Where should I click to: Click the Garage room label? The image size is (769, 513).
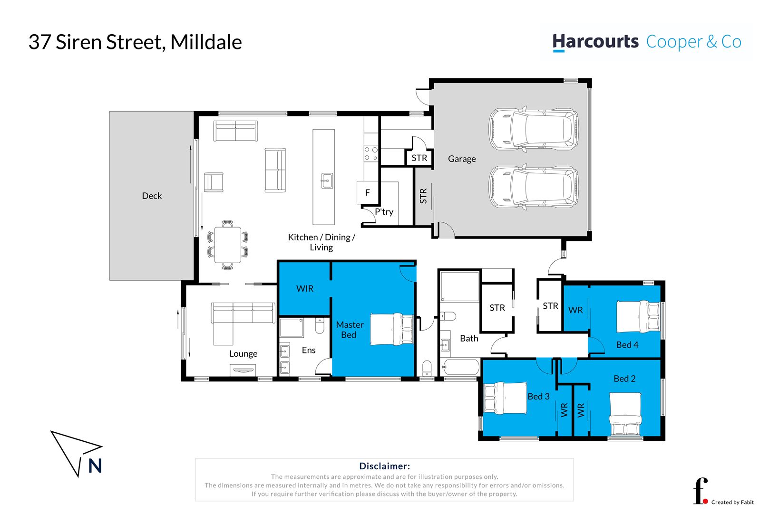(x=461, y=159)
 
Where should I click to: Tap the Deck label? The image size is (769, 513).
(x=152, y=196)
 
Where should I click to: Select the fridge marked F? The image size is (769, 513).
(x=367, y=192)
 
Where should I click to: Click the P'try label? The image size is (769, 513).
(x=384, y=212)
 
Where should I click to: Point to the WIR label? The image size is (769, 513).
(x=304, y=288)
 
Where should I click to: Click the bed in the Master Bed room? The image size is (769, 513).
(x=392, y=329)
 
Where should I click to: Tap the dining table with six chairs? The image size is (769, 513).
(x=228, y=245)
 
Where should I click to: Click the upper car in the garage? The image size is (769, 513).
(x=534, y=128)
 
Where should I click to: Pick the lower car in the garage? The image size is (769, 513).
(x=534, y=187)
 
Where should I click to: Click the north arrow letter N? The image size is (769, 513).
(x=95, y=466)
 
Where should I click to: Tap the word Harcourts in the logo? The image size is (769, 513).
(x=595, y=42)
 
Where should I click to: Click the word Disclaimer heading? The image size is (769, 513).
(x=384, y=466)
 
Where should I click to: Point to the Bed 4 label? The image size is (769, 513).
(x=627, y=345)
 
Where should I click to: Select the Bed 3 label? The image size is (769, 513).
(x=538, y=396)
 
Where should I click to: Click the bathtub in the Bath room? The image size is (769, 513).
(x=460, y=367)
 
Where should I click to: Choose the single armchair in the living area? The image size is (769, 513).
(x=214, y=182)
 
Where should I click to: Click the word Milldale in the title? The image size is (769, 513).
(x=206, y=42)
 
